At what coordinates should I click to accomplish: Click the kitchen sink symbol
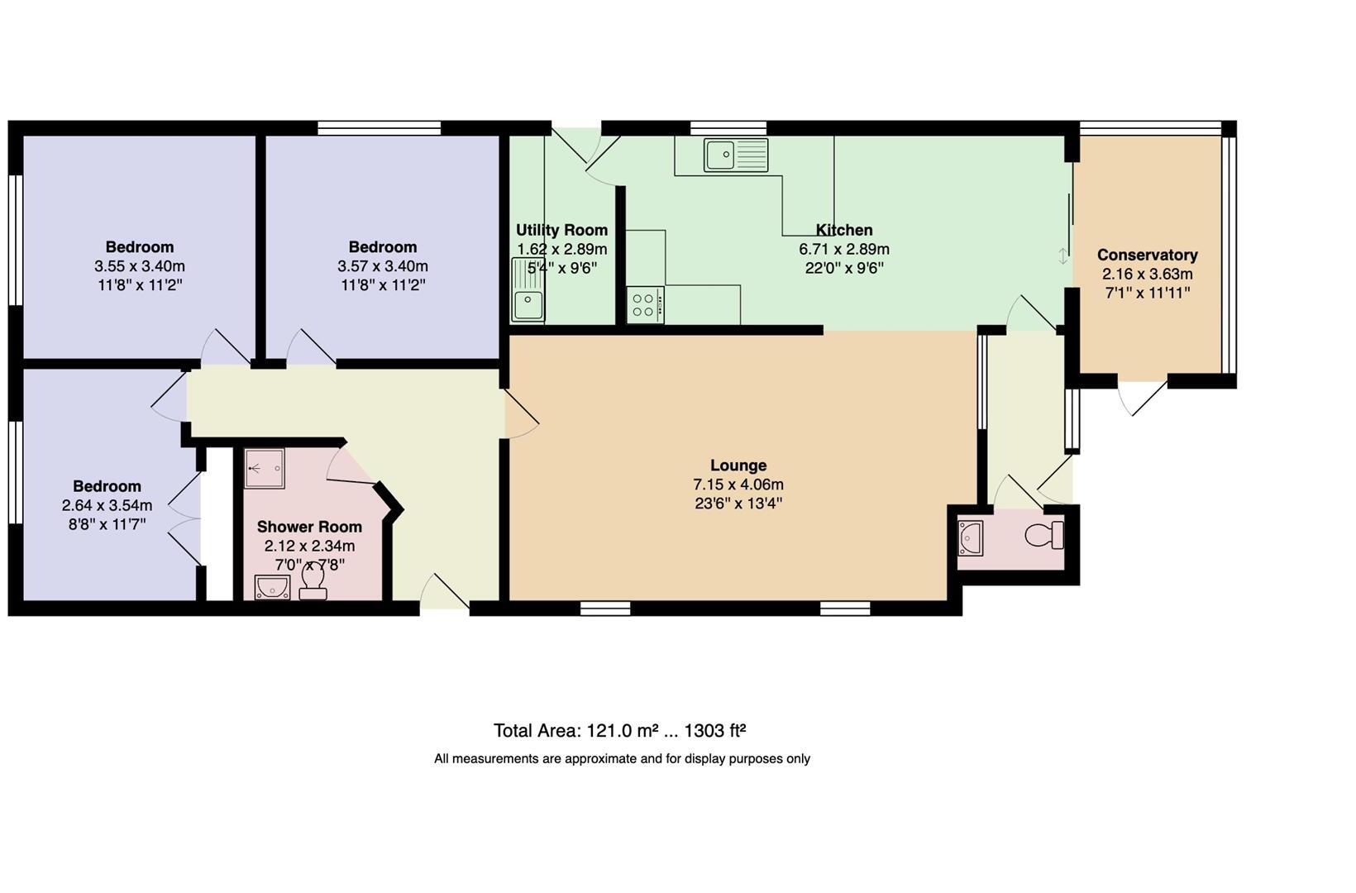pyautogui.click(x=736, y=155)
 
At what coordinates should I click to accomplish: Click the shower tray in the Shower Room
pyautogui.click(x=265, y=469)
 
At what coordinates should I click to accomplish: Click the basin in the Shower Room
pyautogui.click(x=271, y=587)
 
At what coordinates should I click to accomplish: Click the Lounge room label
pyautogui.click(x=738, y=466)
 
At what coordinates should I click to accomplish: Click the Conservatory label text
pyautogui.click(x=1147, y=255)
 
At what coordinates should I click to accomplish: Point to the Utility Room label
pyautogui.click(x=561, y=230)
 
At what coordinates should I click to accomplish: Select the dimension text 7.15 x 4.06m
pyautogui.click(x=738, y=485)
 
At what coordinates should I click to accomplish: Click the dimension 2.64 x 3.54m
pyautogui.click(x=107, y=505)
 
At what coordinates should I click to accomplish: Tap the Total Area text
pyautogui.click(x=619, y=731)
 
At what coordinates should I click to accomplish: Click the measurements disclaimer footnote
pyautogui.click(x=622, y=759)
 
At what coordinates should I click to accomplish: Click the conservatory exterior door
pyautogui.click(x=1144, y=397)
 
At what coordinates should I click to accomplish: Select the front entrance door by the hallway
pyautogui.click(x=445, y=594)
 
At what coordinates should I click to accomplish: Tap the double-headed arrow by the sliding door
pyautogui.click(x=1062, y=255)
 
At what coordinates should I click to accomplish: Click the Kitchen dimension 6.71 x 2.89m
pyautogui.click(x=843, y=249)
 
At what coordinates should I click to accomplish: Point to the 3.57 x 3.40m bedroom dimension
pyautogui.click(x=382, y=266)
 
